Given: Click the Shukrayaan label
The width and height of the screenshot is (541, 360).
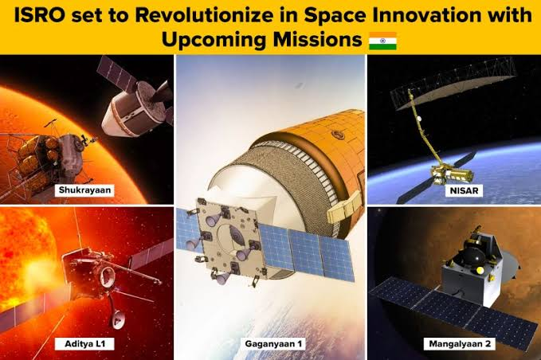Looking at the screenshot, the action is (84, 190).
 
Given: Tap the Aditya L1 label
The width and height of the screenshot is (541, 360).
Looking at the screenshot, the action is (84, 343).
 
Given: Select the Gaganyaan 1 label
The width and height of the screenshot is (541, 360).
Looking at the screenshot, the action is (273, 343).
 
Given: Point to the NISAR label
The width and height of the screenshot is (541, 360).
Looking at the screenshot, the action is (464, 190).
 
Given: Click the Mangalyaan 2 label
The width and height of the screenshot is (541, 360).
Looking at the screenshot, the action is (460, 343).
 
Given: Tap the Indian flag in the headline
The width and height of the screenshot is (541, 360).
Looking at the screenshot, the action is (382, 41).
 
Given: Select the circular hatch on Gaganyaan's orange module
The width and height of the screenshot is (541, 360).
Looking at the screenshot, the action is (338, 134).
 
